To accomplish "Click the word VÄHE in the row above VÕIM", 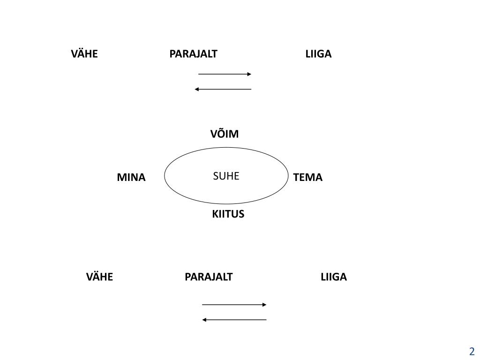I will tap(84, 54).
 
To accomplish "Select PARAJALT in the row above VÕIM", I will tap(193, 54).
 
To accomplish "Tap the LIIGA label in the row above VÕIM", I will tap(318, 54).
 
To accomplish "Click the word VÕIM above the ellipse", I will tap(225, 134).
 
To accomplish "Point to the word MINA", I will tap(131, 178).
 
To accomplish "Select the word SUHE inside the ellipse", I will tap(226, 176).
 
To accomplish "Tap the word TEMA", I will tap(307, 178).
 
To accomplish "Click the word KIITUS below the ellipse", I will tap(228, 214).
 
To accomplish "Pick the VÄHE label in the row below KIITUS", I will tap(99, 277).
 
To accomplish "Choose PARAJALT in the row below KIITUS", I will tap(209, 277).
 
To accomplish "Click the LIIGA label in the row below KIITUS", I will tap(334, 277).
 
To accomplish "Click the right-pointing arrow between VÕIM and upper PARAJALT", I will tap(225, 74).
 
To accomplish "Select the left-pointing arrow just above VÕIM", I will tap(223, 89).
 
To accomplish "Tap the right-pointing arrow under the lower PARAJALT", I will tap(234, 305).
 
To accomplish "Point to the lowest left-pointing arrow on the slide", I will tap(234, 320).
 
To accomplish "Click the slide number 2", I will tap(472, 352).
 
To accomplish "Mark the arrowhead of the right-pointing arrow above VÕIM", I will tap(249, 74).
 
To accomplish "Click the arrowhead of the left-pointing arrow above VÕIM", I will tap(197, 89).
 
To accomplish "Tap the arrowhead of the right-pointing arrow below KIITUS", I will tap(264, 305).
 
